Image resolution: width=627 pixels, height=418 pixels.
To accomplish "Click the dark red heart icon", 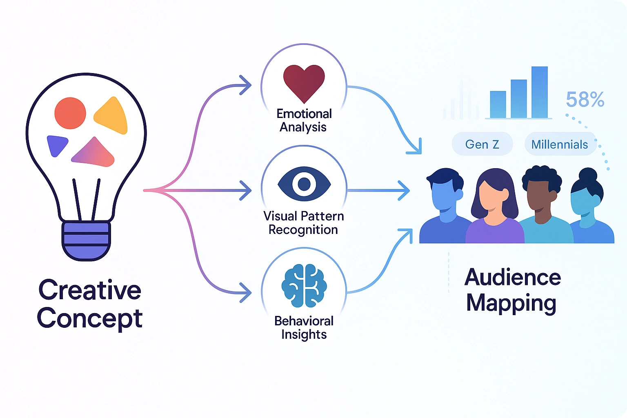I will [304, 82].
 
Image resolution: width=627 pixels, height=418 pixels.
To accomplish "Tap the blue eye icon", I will [304, 184].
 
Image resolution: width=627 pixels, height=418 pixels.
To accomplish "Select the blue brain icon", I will [304, 286].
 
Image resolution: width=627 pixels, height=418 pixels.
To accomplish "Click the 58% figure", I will [585, 100].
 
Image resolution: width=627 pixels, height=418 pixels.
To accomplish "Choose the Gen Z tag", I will [482, 144].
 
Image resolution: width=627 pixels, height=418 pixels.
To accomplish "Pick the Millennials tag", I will [560, 144].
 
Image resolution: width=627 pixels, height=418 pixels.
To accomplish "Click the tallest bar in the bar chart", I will [540, 92].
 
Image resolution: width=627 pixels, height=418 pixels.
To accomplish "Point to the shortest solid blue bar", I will [498, 104].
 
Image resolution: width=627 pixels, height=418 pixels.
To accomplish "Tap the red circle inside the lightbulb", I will [70, 113].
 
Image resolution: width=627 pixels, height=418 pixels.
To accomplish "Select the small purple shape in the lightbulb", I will [56, 145].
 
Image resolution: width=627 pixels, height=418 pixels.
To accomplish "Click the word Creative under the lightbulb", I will [90, 290].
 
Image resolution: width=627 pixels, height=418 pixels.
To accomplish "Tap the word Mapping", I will [511, 303].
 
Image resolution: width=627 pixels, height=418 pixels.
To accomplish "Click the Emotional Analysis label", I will [304, 120].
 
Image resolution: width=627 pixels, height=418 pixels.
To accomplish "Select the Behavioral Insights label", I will [304, 327].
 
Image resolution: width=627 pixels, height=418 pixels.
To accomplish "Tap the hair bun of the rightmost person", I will [588, 174].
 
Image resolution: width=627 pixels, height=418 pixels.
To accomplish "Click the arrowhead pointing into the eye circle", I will [246, 191].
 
